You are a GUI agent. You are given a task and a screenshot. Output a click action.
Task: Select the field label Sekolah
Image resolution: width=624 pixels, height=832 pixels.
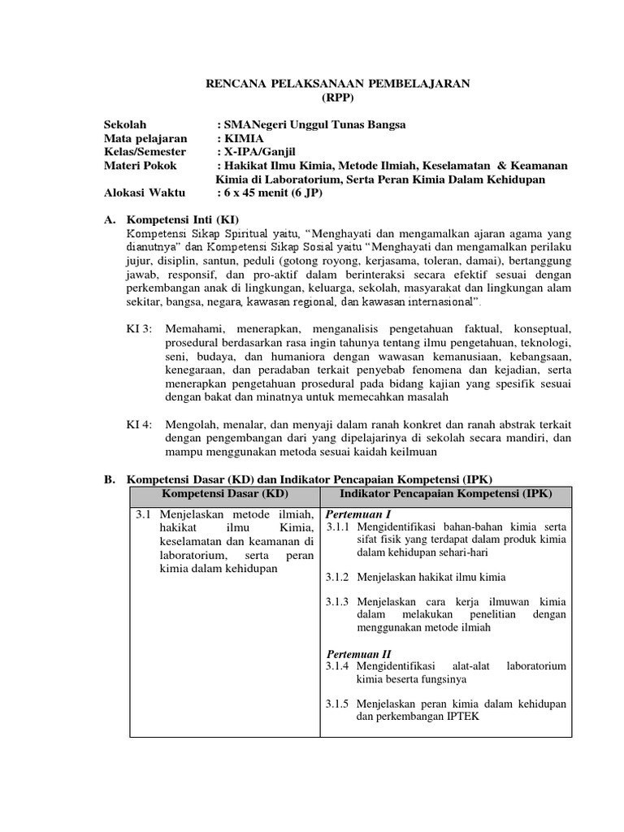tap(125, 124)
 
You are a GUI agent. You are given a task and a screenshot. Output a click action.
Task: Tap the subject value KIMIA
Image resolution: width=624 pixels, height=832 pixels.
tap(246, 138)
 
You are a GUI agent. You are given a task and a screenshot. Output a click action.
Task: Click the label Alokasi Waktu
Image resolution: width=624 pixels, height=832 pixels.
tap(145, 193)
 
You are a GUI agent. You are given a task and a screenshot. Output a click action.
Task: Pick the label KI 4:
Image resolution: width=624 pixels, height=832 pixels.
tap(138, 423)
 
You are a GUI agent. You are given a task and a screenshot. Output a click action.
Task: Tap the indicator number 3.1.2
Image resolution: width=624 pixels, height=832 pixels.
tap(337, 577)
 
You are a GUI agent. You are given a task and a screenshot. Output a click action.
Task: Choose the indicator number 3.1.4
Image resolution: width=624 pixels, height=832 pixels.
tap(337, 666)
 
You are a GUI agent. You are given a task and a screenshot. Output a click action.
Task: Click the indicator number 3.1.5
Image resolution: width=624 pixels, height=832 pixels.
tap(337, 703)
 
